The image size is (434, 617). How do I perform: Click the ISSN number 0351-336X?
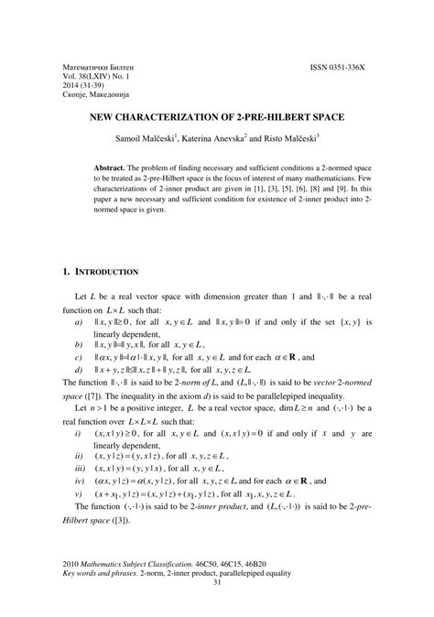(x=349, y=69)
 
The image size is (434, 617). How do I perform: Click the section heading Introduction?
(x=106, y=272)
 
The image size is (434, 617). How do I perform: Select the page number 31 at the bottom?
(x=217, y=608)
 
